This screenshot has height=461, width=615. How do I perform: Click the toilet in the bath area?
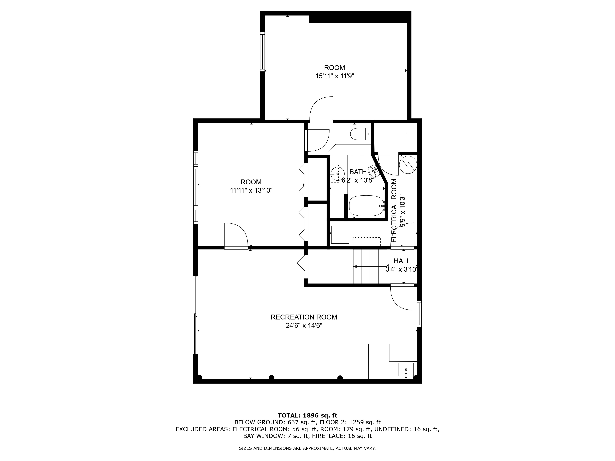(x=360, y=134)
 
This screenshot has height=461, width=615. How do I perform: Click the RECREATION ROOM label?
(x=304, y=317)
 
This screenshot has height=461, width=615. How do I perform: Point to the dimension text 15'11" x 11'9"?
(x=334, y=76)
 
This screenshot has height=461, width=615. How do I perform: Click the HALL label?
(x=402, y=261)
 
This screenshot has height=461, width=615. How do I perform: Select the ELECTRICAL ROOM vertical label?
(x=394, y=210)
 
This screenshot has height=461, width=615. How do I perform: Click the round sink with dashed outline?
(x=337, y=173)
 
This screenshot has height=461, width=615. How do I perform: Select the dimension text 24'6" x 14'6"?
(x=304, y=325)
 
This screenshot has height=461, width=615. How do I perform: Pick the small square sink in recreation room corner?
(x=406, y=370)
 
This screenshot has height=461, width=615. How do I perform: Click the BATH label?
(x=358, y=172)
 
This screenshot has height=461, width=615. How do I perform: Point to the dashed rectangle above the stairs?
(x=366, y=241)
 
